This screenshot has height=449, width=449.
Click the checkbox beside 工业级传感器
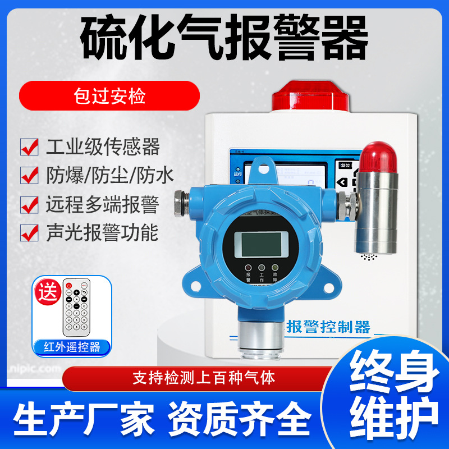[29, 146]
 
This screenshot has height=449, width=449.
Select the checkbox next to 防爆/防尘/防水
[29, 175]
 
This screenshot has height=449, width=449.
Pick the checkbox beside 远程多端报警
[29, 204]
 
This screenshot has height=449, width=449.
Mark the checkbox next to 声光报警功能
[29, 232]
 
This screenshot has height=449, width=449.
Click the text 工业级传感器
[103, 146]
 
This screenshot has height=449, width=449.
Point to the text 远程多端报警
[103, 204]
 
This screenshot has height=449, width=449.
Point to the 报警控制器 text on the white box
[328, 326]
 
